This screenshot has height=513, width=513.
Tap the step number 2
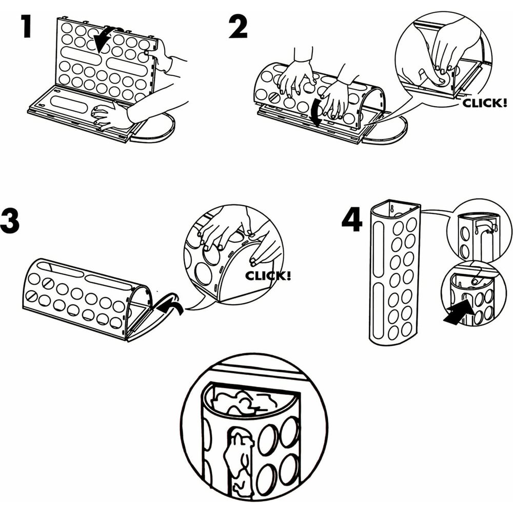click(x=238, y=27)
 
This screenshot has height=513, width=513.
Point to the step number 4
click(x=352, y=220)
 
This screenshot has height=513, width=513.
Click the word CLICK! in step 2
click(x=485, y=103)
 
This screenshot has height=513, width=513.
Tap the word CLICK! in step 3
click(x=268, y=275)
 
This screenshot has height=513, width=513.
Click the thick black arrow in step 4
click(x=458, y=312)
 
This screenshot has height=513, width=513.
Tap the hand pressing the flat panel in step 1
click(x=106, y=116)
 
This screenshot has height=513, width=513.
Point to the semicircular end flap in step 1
click(x=154, y=132)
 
